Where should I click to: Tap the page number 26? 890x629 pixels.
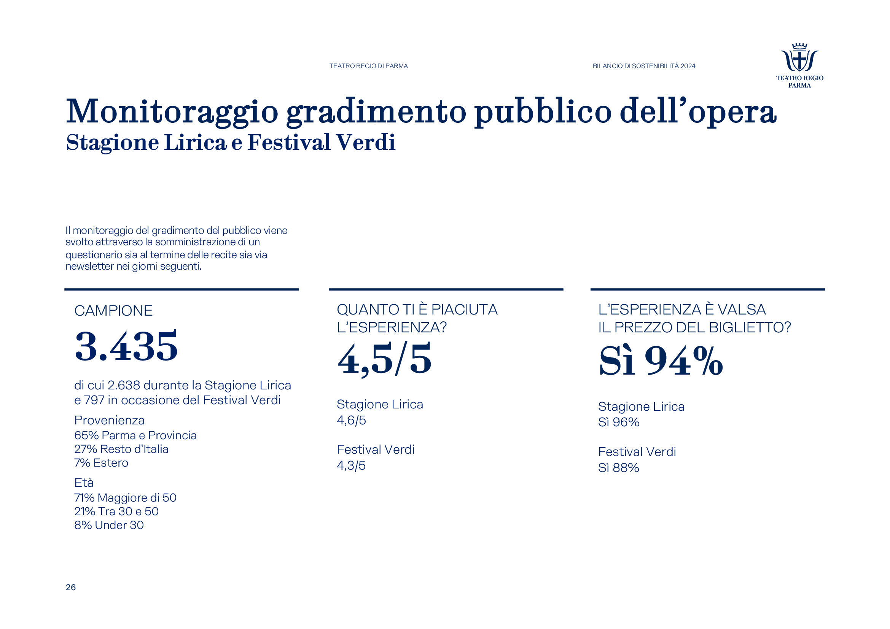(x=70, y=587)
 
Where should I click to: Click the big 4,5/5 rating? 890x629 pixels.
(x=384, y=359)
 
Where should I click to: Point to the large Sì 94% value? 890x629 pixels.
(x=661, y=361)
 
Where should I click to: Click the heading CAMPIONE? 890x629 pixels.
(x=113, y=311)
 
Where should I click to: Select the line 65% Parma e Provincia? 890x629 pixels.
(x=135, y=435)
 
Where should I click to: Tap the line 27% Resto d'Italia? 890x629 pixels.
(x=121, y=449)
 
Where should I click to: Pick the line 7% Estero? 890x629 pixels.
(x=101, y=463)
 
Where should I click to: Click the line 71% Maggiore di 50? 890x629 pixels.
(x=125, y=498)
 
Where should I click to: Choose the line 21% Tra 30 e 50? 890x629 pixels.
(x=116, y=511)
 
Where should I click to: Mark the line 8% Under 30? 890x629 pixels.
(x=109, y=525)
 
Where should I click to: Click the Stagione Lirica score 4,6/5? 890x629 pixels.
(x=351, y=420)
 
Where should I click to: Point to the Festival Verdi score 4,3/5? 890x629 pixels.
(x=351, y=465)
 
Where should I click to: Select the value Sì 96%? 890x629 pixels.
(x=619, y=422)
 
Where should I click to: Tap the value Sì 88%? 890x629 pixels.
(x=619, y=468)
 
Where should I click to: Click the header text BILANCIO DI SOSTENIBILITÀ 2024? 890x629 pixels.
(x=644, y=66)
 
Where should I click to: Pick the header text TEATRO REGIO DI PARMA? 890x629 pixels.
(x=368, y=66)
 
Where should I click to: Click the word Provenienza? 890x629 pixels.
(x=109, y=420)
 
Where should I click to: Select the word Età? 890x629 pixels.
(x=84, y=483)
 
